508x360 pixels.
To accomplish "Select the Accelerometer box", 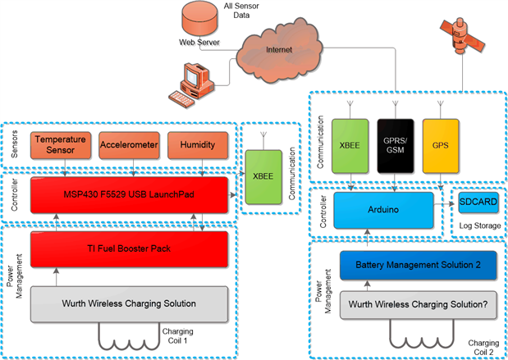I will pyautogui.click(x=130, y=145).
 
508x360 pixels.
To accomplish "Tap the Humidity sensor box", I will pyautogui.click(x=197, y=145).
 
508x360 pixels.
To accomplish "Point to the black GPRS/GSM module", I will pyautogui.click(x=397, y=145).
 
